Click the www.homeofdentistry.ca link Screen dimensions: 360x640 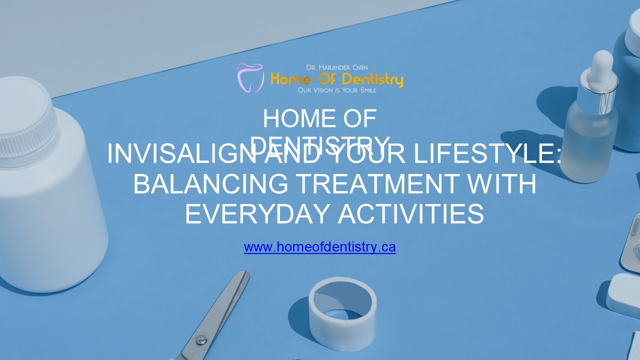tap(319, 247)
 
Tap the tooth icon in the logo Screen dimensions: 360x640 tap(250, 77)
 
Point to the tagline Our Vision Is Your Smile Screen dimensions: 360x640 tap(336, 90)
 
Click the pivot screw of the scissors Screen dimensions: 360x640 tap(200, 340)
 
